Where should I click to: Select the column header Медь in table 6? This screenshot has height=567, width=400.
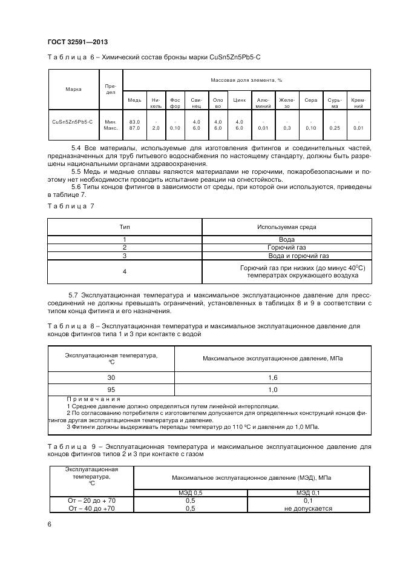click(x=134, y=99)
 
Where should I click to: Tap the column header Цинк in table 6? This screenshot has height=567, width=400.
click(x=239, y=99)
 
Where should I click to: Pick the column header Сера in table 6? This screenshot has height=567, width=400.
click(x=310, y=99)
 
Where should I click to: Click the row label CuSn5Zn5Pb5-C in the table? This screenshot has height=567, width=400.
click(x=73, y=122)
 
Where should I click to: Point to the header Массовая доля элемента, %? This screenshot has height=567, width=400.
click(x=246, y=80)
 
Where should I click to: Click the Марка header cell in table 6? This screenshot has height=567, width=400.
click(x=73, y=89)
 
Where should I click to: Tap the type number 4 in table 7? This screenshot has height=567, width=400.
click(x=125, y=271)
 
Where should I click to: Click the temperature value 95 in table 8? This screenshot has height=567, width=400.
click(x=111, y=390)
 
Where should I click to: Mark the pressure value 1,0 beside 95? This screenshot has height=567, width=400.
click(x=273, y=390)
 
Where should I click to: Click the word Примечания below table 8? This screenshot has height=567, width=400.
click(x=93, y=399)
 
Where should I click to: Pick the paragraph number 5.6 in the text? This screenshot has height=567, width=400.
click(x=77, y=187)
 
